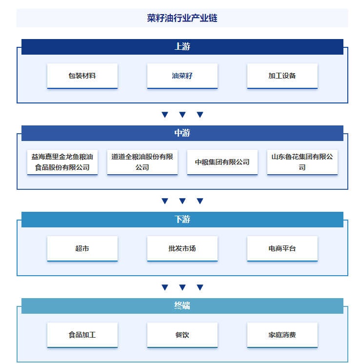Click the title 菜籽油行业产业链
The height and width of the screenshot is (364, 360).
point(182,18)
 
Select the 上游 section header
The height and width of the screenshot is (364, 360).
point(182,47)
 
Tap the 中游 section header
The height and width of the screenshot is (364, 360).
point(182,133)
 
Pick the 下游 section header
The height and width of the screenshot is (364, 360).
point(182,220)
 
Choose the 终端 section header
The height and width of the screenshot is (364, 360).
point(182,306)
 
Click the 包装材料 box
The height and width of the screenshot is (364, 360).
point(82,76)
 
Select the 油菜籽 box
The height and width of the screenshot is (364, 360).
point(182,76)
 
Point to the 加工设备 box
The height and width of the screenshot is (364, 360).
point(282,76)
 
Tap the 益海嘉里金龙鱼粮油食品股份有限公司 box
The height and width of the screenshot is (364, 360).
point(62,162)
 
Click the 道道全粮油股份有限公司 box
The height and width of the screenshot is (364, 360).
point(142,162)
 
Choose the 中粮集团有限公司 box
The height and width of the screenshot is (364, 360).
point(222,162)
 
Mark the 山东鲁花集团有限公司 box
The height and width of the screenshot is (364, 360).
point(302,162)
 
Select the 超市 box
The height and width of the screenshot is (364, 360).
point(82,249)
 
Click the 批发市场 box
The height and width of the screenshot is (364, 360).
point(182,249)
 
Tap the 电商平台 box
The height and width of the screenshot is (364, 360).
point(282,249)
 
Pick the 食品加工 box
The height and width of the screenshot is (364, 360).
point(82,335)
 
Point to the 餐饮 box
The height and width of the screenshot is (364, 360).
point(182,335)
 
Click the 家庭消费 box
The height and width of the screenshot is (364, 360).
point(282,335)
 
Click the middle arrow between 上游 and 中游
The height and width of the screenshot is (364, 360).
point(182,115)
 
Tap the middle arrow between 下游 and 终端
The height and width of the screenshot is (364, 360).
point(182,287)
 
